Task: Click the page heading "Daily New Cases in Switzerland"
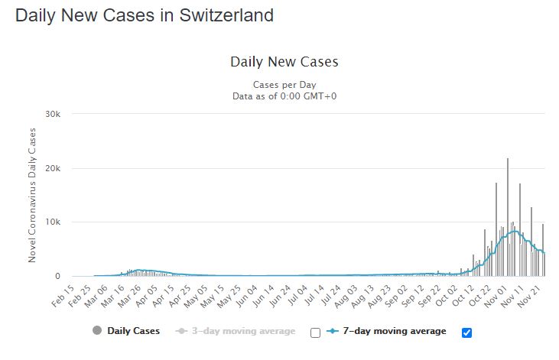click(144, 15)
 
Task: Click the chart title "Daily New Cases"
click(284, 62)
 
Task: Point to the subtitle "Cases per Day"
click(284, 85)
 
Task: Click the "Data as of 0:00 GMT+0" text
click(284, 96)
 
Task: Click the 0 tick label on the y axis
click(67, 277)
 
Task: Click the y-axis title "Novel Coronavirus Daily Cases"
click(32, 196)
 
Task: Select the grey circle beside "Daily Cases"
click(97, 332)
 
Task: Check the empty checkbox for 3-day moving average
click(315, 332)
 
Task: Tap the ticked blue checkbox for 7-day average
click(467, 332)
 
